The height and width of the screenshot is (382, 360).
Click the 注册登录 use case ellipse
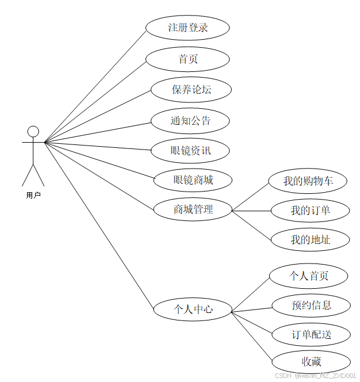pos(187,28)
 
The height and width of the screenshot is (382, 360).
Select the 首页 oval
pos(187,59)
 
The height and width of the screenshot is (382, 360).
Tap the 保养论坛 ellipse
pos(191,90)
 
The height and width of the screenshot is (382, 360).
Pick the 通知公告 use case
pos(190,121)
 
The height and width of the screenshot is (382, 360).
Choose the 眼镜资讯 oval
pos(190,151)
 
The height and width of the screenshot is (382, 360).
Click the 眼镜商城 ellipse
pos(193,180)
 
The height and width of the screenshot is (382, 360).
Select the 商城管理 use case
pos(193,209)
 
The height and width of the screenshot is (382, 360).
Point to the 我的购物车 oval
pos(308,181)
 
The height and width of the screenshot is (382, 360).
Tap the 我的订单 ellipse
pos(310,211)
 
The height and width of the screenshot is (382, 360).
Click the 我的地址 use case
pos(310,240)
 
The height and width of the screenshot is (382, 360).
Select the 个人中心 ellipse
pos(193,310)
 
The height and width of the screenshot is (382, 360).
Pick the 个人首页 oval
pos(308,276)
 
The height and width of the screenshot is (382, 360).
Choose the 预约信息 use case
pos(311,305)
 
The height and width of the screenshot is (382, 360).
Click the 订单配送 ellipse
pos(311,335)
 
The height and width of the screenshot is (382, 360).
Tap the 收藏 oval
pos(311,362)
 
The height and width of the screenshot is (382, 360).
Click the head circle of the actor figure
pos(33,131)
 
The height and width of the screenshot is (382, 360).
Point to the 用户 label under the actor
pos(33,196)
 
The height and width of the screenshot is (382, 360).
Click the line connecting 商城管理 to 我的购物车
pos(251,196)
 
